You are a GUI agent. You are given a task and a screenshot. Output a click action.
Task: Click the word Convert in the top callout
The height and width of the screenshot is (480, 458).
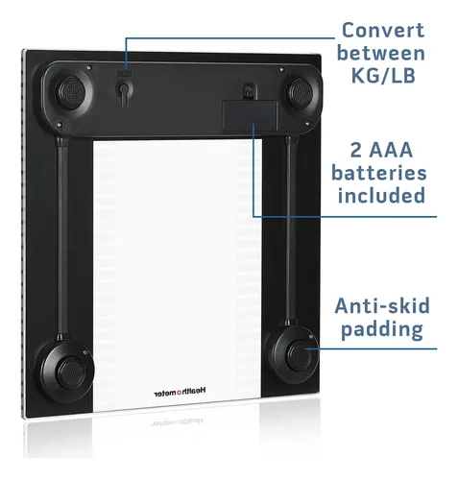[383, 30]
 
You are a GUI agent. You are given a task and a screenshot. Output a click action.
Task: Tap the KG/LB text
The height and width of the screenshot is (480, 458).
[383, 76]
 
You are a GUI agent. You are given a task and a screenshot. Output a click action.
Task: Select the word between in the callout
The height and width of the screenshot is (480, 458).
[381, 53]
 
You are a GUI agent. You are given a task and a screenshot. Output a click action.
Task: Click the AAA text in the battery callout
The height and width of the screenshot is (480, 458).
[391, 150]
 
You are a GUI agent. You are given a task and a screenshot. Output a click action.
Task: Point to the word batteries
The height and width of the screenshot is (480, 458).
[379, 173]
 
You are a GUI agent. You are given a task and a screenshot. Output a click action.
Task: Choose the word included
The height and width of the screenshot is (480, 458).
[381, 195]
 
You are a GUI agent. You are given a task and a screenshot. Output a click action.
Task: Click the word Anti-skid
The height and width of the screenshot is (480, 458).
[382, 305]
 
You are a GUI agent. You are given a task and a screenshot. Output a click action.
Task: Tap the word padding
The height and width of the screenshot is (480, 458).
[382, 329]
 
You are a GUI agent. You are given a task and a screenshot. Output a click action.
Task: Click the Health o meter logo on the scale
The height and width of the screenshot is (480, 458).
[181, 392]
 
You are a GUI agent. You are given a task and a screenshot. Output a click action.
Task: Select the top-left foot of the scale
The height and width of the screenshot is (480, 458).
[71, 92]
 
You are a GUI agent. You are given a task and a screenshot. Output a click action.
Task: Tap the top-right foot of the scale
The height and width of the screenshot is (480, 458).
[301, 93]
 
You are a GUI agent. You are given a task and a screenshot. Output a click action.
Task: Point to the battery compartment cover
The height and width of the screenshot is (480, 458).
[250, 116]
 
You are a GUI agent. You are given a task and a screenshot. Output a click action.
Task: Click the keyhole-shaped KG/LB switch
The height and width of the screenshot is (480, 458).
[124, 91]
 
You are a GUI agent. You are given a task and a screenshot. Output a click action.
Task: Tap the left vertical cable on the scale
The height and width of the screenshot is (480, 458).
[61, 237]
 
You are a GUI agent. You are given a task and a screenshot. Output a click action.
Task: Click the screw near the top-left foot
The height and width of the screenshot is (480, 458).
[89, 67]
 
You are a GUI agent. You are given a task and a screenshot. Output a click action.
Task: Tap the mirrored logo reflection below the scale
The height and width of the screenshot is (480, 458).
[177, 422]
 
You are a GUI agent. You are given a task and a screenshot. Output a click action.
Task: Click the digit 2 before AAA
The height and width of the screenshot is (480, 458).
[356, 150]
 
